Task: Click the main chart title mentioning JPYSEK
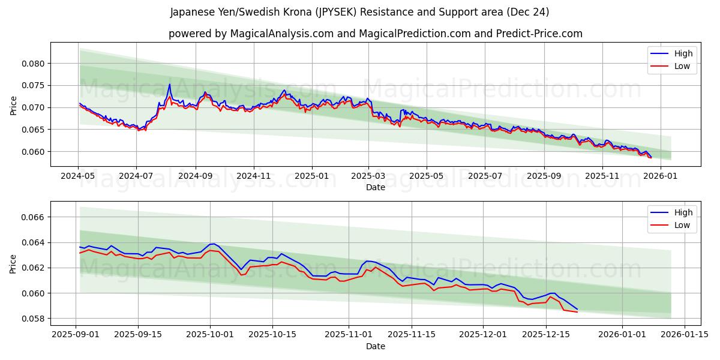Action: point(359,12)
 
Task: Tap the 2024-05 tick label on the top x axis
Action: point(79,176)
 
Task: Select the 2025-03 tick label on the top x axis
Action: point(368,176)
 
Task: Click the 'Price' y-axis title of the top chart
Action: point(14,104)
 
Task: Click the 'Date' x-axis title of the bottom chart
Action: point(375,346)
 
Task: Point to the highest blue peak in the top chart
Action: point(169,84)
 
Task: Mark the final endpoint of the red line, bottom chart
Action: point(577,312)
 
